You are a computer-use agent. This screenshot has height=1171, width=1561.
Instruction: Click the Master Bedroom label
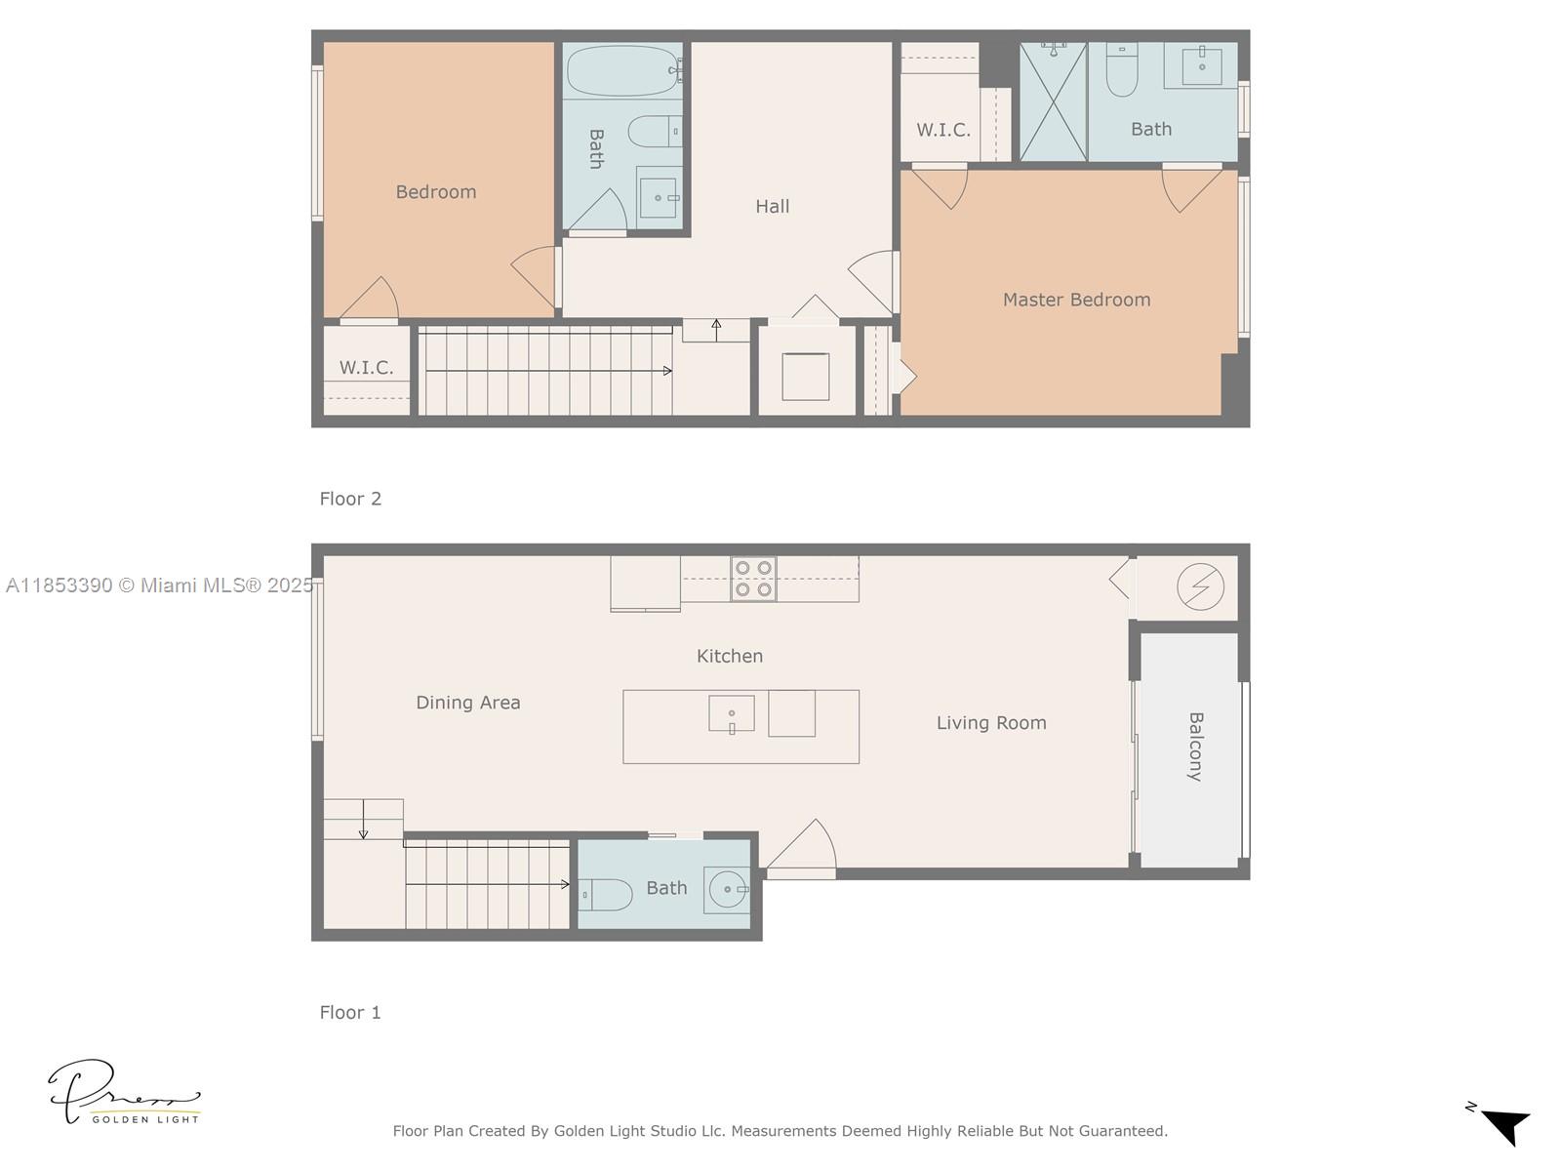point(1076,300)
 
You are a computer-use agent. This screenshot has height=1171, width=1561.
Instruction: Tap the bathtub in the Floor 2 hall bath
point(622,70)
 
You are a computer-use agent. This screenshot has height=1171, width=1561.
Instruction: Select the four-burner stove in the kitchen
point(753,579)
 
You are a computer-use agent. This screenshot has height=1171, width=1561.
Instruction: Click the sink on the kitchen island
point(731,713)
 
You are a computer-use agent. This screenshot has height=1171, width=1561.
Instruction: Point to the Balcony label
point(1195,747)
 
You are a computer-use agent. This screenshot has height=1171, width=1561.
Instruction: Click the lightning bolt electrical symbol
point(1200,586)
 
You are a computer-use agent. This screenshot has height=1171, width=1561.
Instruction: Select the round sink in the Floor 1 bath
point(726,889)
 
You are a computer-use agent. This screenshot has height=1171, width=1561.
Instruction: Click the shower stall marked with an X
point(1053,101)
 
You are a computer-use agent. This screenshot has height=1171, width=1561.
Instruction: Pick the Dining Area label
point(467,703)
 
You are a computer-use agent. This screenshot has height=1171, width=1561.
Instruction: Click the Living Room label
point(991,723)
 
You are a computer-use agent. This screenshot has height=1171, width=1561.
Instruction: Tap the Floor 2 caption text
point(350,499)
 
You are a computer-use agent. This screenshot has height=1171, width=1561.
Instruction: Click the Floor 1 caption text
point(350,1013)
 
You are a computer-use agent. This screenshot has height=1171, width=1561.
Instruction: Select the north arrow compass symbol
point(1502,1124)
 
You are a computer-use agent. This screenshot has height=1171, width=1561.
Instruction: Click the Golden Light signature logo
point(122,1093)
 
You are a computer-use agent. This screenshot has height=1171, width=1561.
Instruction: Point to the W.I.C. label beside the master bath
point(942,130)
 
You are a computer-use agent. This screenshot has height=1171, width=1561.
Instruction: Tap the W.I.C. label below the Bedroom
point(366,368)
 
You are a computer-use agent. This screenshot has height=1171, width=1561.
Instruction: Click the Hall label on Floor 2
point(772,207)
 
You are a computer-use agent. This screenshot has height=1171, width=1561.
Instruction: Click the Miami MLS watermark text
point(159,585)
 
